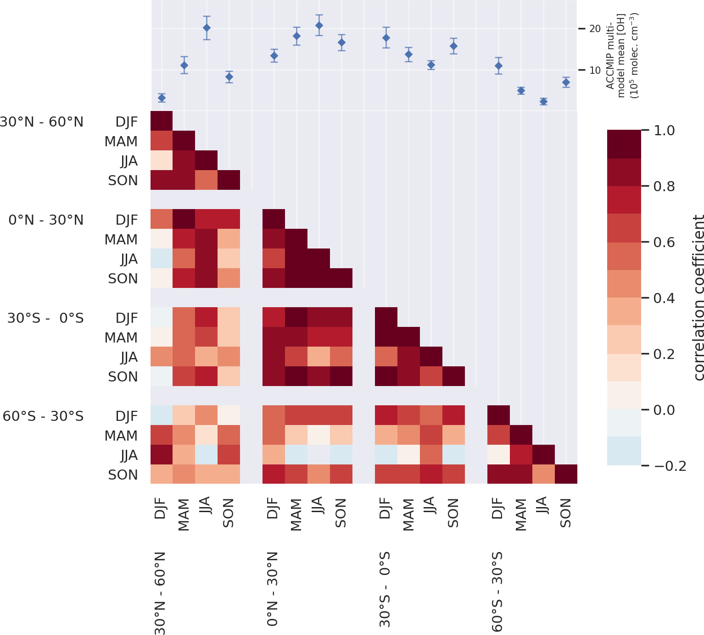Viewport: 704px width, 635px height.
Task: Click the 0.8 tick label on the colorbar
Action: pyautogui.click(x=664, y=186)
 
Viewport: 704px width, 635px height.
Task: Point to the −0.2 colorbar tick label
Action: pyautogui.click(x=670, y=466)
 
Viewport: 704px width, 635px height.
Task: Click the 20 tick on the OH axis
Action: pyautogui.click(x=595, y=29)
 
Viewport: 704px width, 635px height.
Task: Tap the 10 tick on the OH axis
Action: pyautogui.click(x=595, y=70)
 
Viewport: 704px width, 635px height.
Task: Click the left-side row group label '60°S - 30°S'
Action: pyautogui.click(x=43, y=416)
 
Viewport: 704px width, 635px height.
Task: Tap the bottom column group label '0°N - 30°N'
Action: pyautogui.click(x=273, y=589)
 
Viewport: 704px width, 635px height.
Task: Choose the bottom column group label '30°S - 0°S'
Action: pyautogui.click(x=385, y=589)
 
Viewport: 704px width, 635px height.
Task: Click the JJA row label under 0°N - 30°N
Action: pyautogui.click(x=129, y=259)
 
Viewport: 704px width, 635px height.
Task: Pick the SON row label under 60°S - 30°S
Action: pyautogui.click(x=123, y=475)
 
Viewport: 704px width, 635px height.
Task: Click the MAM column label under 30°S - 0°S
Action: pyautogui.click(x=408, y=514)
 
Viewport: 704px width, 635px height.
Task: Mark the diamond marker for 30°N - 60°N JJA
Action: pyautogui.click(x=207, y=28)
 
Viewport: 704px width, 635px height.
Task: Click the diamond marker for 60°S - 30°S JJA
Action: pyautogui.click(x=543, y=101)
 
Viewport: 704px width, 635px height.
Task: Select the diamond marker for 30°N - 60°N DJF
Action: pyautogui.click(x=162, y=98)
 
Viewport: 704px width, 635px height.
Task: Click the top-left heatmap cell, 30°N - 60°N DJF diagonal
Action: pyautogui.click(x=162, y=121)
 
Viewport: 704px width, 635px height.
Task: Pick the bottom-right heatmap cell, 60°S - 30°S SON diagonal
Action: pyautogui.click(x=566, y=474)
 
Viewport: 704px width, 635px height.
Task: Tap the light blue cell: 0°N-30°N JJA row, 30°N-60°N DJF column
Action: pyautogui.click(x=162, y=259)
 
